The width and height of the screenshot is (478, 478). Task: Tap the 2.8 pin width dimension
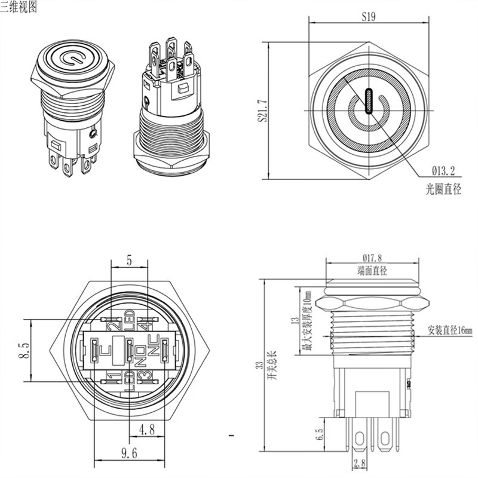pyautogui.click(x=360, y=463)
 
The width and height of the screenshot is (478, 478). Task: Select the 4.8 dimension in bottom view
pyautogui.click(x=148, y=428)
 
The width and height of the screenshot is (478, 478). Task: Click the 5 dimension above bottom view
pyautogui.click(x=129, y=260)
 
